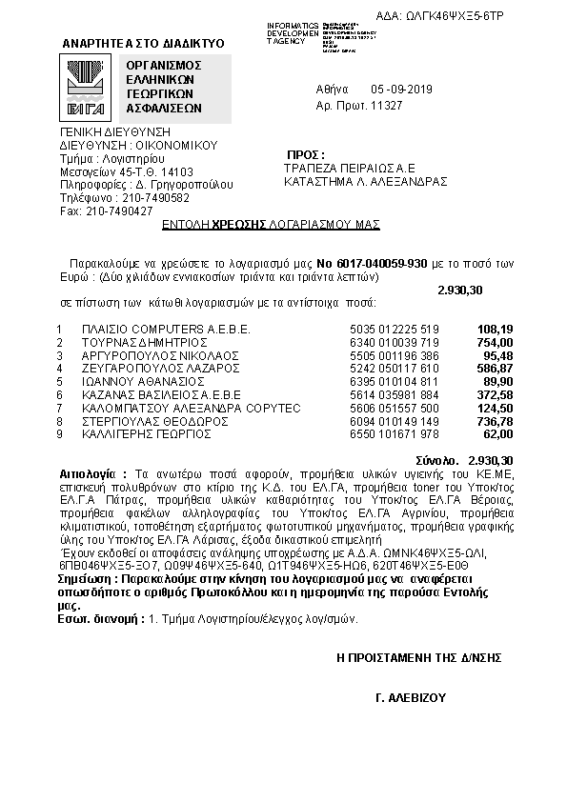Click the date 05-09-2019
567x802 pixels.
pos(402,89)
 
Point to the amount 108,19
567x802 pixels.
pos(495,329)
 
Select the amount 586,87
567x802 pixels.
pos(495,368)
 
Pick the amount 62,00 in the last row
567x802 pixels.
pos(497,433)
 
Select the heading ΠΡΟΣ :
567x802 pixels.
pos(305,154)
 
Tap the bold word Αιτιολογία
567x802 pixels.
pos(87,472)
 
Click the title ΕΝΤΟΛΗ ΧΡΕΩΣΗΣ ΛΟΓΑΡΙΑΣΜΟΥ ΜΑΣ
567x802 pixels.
pos(271,224)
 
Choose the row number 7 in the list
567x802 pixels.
pos(59,407)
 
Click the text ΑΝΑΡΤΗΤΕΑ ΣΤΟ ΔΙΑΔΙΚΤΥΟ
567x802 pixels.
pos(143,44)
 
